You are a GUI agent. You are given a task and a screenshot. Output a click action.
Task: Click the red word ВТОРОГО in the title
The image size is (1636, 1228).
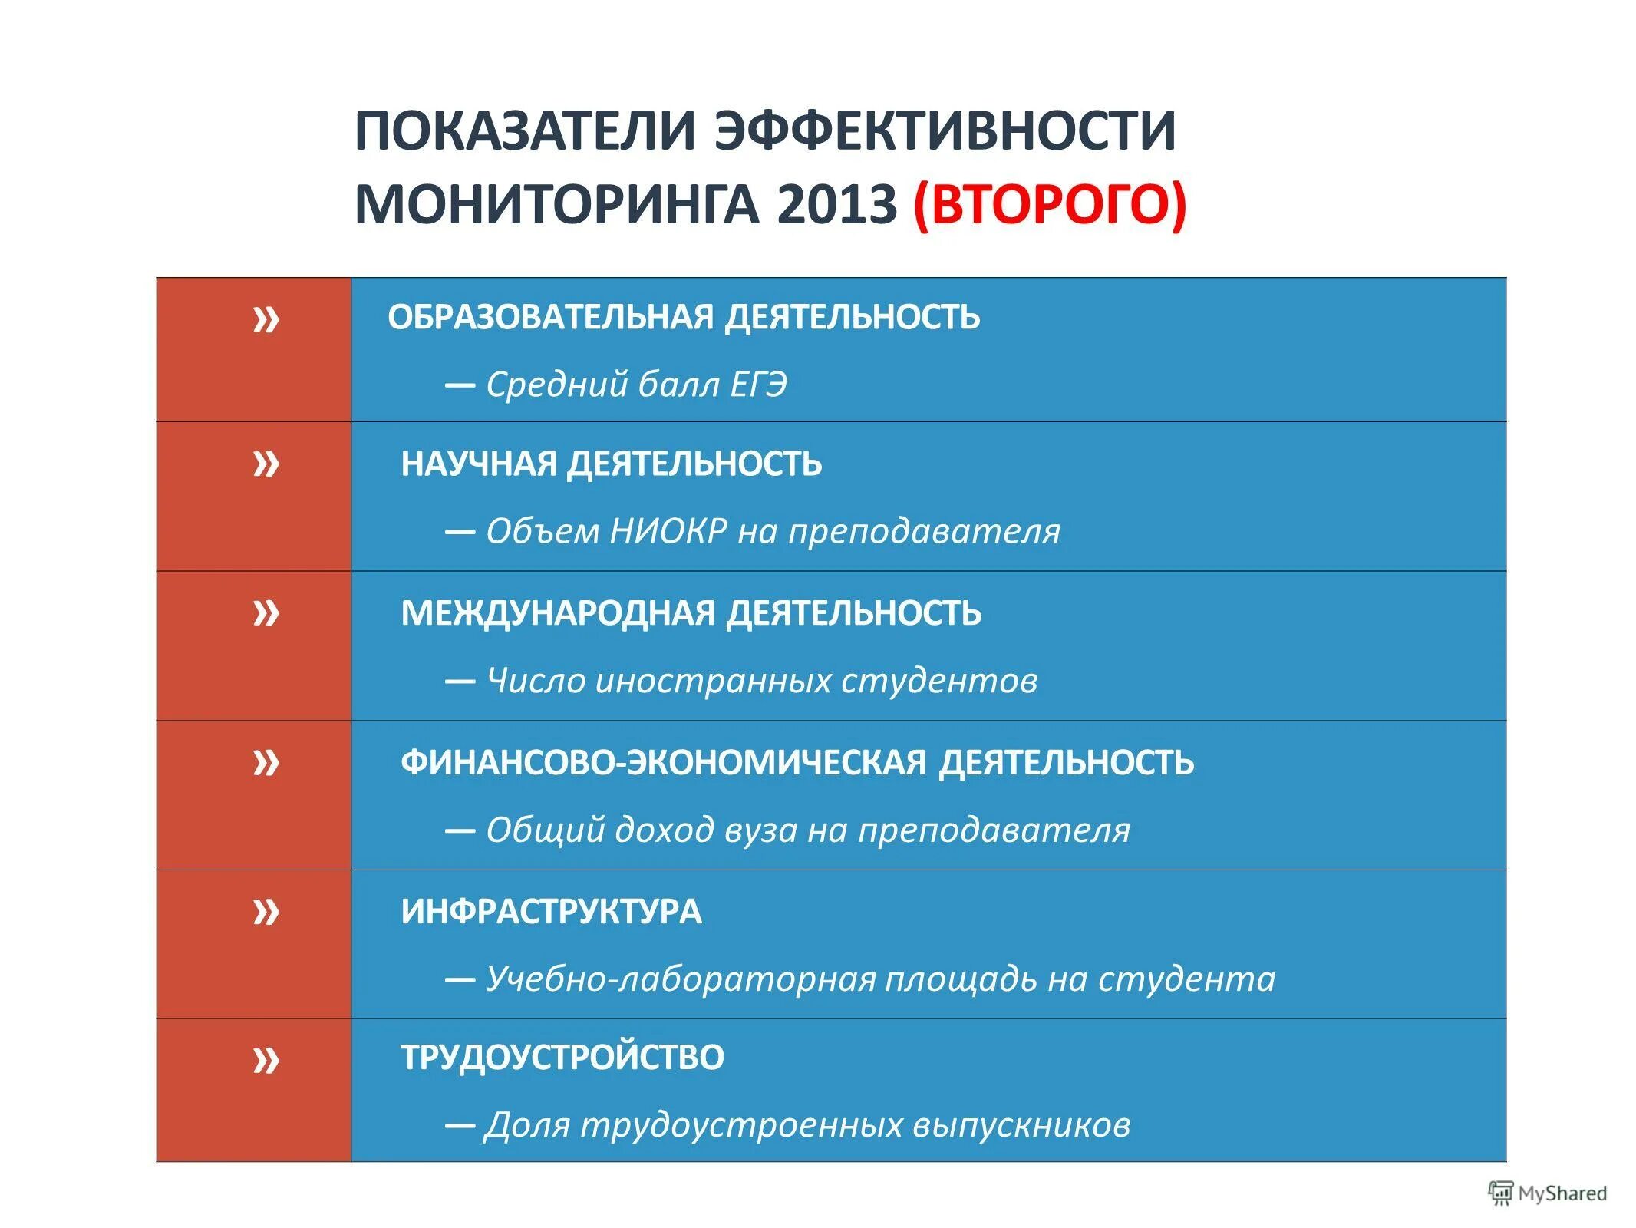click(x=1050, y=204)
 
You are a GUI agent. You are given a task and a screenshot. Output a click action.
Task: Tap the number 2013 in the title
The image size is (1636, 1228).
click(x=836, y=204)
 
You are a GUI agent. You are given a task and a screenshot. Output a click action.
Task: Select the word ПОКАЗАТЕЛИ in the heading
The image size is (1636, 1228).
click(x=525, y=131)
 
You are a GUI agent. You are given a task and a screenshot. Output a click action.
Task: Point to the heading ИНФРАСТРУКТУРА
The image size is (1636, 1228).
click(x=551, y=912)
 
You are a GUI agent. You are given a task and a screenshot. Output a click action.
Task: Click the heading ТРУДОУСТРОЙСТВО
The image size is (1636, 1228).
click(x=562, y=1058)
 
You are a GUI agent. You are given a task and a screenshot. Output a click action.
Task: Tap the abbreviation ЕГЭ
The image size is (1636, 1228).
click(x=758, y=385)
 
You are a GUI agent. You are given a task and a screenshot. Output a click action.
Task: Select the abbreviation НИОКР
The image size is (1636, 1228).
click(x=668, y=531)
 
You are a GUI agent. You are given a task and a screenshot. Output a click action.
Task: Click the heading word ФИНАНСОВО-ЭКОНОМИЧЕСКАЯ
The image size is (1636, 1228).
click(x=664, y=763)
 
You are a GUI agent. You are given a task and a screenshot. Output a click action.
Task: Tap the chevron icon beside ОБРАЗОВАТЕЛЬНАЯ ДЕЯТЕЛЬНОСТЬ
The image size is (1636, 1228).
click(x=266, y=319)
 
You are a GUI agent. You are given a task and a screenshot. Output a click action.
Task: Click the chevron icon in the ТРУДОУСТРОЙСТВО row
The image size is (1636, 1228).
click(x=266, y=1061)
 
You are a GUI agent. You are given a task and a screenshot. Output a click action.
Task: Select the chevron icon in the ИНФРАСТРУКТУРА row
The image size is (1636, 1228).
click(x=266, y=912)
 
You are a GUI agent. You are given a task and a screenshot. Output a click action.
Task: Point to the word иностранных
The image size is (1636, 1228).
click(x=713, y=681)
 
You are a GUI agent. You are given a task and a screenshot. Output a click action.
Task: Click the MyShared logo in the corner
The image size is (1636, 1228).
click(x=1546, y=1193)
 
